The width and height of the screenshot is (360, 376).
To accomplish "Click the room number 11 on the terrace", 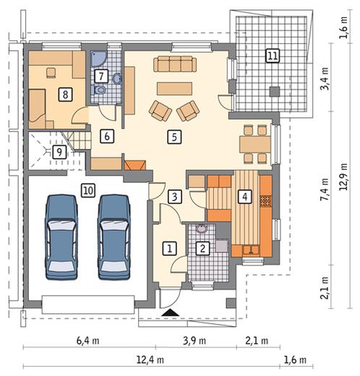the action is (273, 56).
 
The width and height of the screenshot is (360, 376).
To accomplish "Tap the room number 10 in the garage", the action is (88, 191).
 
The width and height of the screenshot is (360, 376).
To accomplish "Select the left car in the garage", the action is (61, 237).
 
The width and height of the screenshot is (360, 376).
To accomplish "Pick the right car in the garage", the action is (113, 237).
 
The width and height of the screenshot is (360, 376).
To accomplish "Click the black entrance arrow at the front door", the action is (171, 312).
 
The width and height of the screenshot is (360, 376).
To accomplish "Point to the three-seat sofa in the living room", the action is (175, 64).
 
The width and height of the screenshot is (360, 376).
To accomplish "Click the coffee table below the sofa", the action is (175, 88).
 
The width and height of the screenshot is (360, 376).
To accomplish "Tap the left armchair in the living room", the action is (160, 111).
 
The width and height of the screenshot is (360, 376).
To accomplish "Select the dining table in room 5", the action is (255, 144).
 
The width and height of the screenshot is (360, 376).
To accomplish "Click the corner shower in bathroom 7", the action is (97, 58).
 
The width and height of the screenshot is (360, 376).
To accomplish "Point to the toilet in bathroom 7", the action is (100, 90).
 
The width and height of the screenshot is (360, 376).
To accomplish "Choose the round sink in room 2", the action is (201, 228).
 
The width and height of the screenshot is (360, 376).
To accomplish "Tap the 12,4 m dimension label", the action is (150, 360).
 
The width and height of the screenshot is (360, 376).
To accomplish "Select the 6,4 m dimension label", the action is (87, 341).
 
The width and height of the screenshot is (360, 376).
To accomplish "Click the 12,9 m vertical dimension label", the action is (343, 176).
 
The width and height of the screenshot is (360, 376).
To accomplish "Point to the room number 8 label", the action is (65, 94).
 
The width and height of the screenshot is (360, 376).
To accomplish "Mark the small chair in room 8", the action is (51, 73).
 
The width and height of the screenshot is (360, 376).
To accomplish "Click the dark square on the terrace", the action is (274, 92).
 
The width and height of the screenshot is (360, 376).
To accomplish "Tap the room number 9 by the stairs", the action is (59, 152).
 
